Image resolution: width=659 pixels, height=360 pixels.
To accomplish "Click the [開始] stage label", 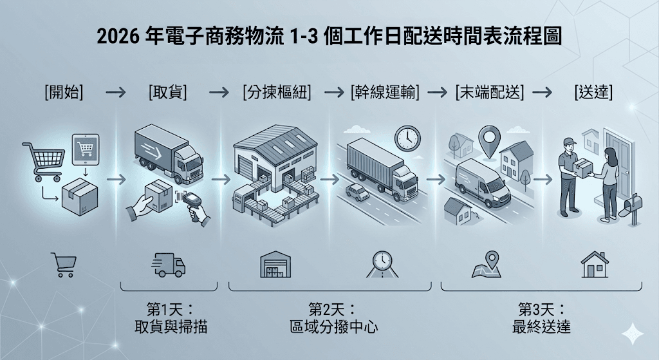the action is pyautogui.click(x=64, y=92).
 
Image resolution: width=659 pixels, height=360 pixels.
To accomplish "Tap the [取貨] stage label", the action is pyautogui.click(x=167, y=92).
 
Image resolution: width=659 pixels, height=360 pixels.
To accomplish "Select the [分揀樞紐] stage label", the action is pyautogui.click(x=277, y=92).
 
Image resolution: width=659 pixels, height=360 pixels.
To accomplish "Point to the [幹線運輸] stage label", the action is pyautogui.click(x=385, y=92).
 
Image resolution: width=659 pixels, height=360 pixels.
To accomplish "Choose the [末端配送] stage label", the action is pyautogui.click(x=490, y=92).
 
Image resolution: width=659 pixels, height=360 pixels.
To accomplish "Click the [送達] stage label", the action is pyautogui.click(x=593, y=92).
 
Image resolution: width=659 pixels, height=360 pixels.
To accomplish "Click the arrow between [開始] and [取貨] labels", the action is pyautogui.click(x=116, y=92).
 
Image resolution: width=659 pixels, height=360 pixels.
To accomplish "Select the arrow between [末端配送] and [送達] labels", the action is pyautogui.click(x=542, y=92).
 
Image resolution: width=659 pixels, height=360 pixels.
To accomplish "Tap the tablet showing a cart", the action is pyautogui.click(x=86, y=149).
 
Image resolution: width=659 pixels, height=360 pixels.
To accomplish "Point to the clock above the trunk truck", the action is pyautogui.click(x=407, y=138).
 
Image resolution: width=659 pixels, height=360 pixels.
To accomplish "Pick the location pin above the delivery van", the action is pyautogui.click(x=490, y=140).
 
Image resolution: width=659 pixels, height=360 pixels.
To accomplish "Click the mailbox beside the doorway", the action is pyautogui.click(x=632, y=208).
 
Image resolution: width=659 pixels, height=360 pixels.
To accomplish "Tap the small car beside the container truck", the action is pyautogui.click(x=357, y=192).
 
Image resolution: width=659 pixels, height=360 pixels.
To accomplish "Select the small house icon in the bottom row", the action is pyautogui.click(x=595, y=265).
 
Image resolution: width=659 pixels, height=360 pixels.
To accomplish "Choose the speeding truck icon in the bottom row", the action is pyautogui.click(x=168, y=265).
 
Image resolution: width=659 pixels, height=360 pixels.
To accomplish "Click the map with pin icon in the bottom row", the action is pyautogui.click(x=487, y=265).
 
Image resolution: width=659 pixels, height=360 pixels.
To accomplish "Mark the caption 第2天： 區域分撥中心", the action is pyautogui.click(x=333, y=318).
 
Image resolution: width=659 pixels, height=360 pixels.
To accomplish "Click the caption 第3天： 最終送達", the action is pyautogui.click(x=541, y=318).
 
